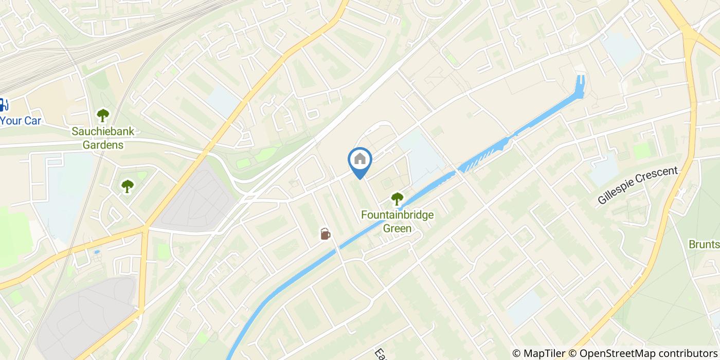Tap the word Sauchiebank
(103, 131)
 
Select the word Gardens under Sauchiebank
(103, 145)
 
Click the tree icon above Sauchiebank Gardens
(103, 114)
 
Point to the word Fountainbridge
(398, 214)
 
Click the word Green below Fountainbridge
(398, 227)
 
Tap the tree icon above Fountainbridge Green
(397, 199)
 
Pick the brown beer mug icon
(325, 234)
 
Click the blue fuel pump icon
(3, 105)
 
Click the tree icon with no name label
(127, 186)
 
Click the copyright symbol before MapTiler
(516, 353)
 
